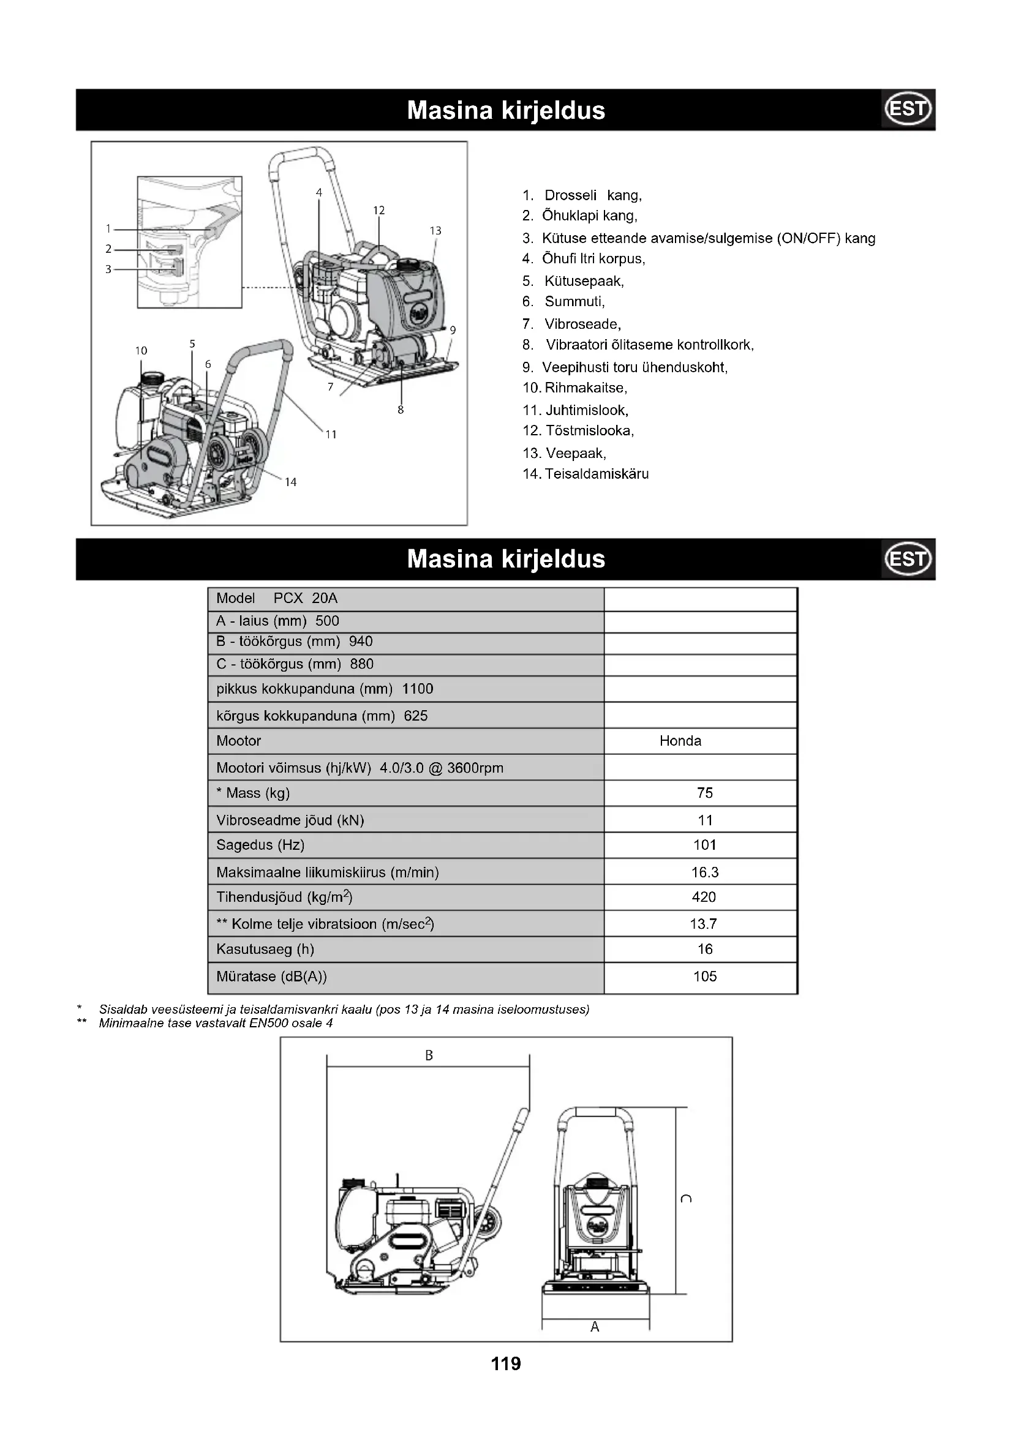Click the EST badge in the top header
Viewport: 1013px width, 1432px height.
[x=908, y=109]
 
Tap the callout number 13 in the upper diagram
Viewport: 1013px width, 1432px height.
[x=435, y=231]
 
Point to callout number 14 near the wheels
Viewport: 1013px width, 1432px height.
[x=291, y=482]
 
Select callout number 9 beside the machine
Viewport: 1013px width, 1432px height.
[x=453, y=330]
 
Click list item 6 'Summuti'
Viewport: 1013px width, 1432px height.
[x=564, y=302]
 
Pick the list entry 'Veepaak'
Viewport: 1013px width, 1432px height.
[x=565, y=454]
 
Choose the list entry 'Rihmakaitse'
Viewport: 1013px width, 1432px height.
[x=575, y=388]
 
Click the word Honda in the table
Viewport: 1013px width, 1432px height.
[x=680, y=741]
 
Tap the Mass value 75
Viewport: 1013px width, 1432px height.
[x=705, y=793]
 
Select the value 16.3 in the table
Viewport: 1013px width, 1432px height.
[x=705, y=872]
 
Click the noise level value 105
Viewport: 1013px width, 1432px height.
[x=705, y=976]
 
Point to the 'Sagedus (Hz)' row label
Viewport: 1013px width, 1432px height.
[x=260, y=845]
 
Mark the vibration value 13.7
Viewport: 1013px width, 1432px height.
[x=704, y=924]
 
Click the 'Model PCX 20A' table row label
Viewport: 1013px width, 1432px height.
[x=277, y=599]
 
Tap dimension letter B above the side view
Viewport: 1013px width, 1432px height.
[x=429, y=1055]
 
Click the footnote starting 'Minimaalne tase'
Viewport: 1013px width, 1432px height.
[x=216, y=1023]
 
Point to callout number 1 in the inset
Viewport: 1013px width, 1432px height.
[x=108, y=229]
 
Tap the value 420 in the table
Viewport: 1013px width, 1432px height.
[x=704, y=897]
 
